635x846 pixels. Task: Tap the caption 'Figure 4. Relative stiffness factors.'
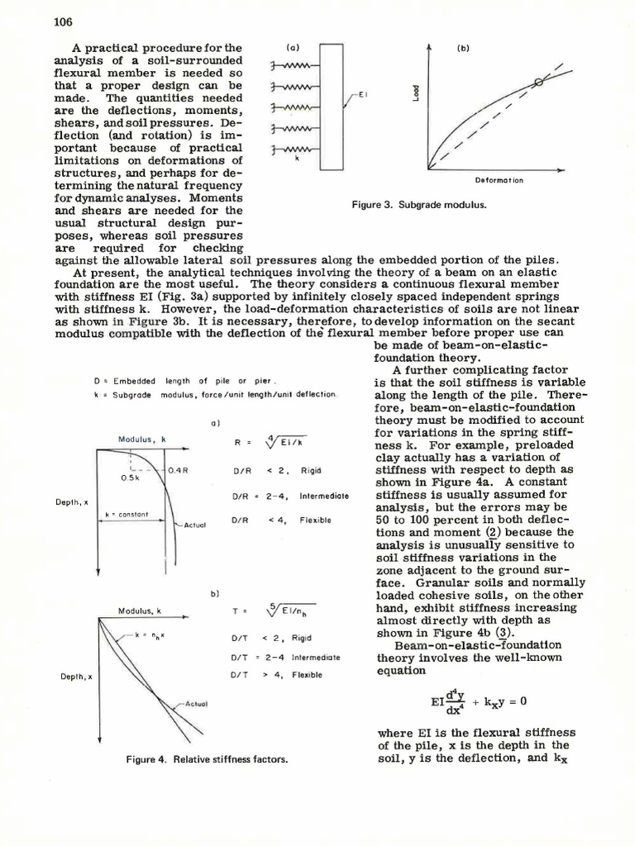206,759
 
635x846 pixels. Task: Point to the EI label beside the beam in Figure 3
361,94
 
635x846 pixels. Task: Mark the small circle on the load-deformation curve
540,81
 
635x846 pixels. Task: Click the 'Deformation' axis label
499,180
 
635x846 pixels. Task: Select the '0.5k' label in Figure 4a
131,478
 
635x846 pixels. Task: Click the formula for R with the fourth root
270,442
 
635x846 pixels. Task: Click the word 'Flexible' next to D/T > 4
306,675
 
